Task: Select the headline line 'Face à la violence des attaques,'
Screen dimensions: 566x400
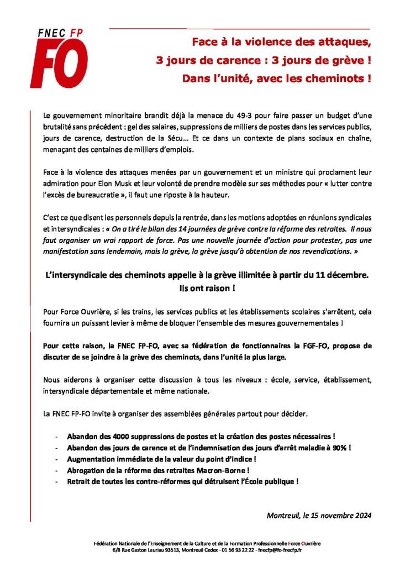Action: [x=281, y=41]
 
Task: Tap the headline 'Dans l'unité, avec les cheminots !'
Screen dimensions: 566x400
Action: [x=276, y=78]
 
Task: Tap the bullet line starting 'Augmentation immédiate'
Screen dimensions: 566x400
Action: [x=161, y=458]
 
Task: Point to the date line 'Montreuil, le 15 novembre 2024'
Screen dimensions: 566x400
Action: [x=319, y=516]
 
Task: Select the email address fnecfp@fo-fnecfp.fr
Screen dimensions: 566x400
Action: [x=282, y=551]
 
